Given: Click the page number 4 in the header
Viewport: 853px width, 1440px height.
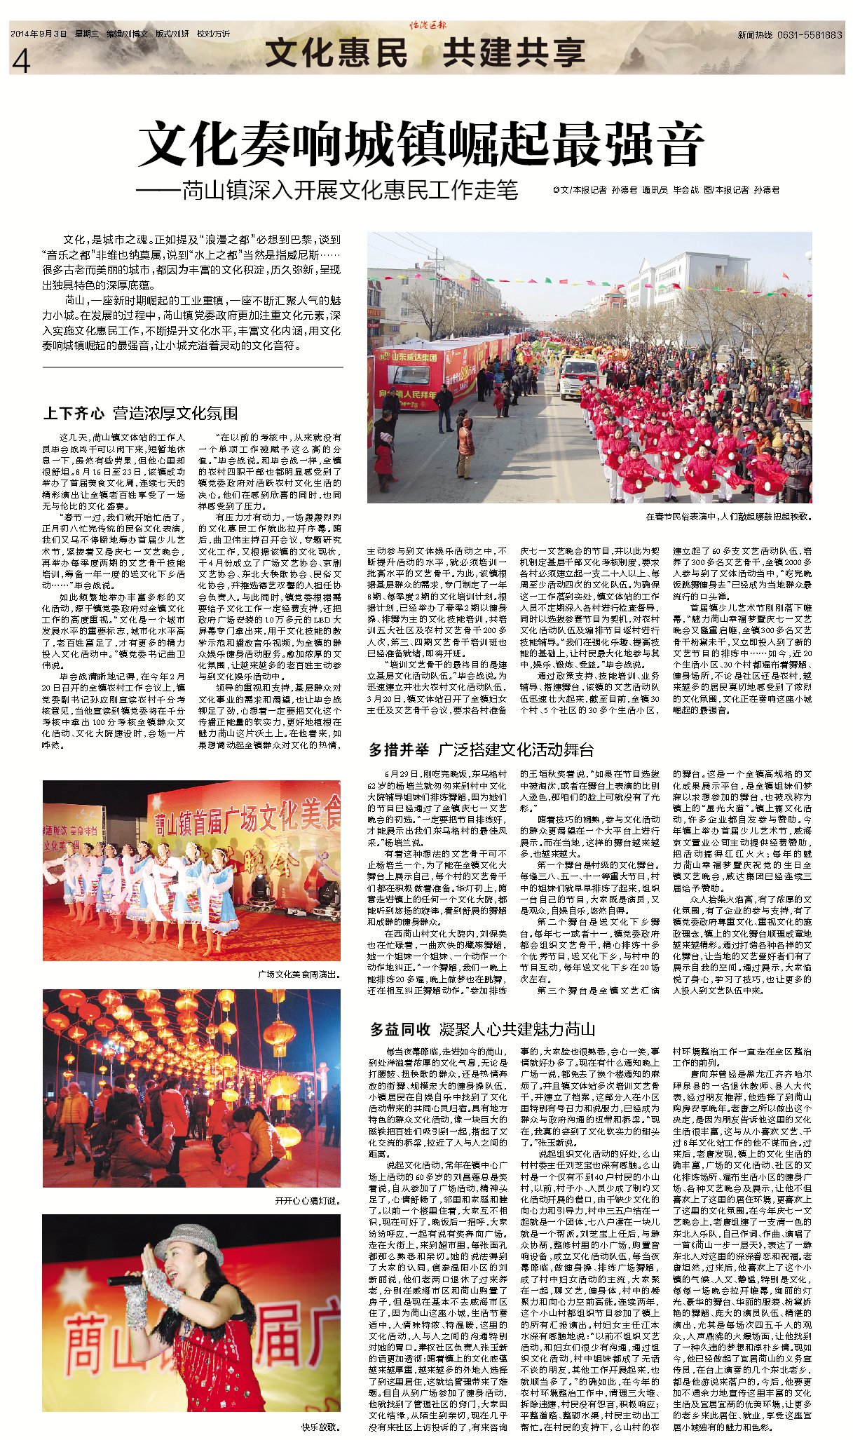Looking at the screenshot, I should click(21, 62).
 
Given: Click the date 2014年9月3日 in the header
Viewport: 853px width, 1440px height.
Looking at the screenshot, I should click(39, 34).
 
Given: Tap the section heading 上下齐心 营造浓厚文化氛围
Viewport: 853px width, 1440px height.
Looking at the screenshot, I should click(140, 413).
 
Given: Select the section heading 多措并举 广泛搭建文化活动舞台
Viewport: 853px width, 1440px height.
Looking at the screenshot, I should click(481, 750).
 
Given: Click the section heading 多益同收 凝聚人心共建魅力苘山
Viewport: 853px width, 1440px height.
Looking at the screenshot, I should click(482, 1029).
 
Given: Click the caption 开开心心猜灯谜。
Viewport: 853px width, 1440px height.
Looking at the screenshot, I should click(308, 1201).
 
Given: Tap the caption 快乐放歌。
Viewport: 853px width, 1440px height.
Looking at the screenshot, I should click(321, 1427).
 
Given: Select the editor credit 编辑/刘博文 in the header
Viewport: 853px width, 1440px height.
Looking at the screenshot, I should click(127, 34).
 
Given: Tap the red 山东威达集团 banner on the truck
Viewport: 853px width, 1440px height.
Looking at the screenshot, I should click(414, 357).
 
